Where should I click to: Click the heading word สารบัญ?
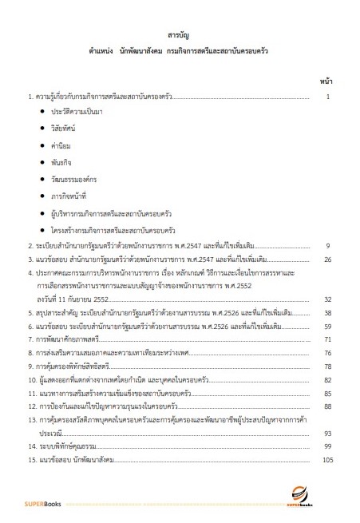(x=179, y=37)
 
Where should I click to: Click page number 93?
(x=326, y=433)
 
